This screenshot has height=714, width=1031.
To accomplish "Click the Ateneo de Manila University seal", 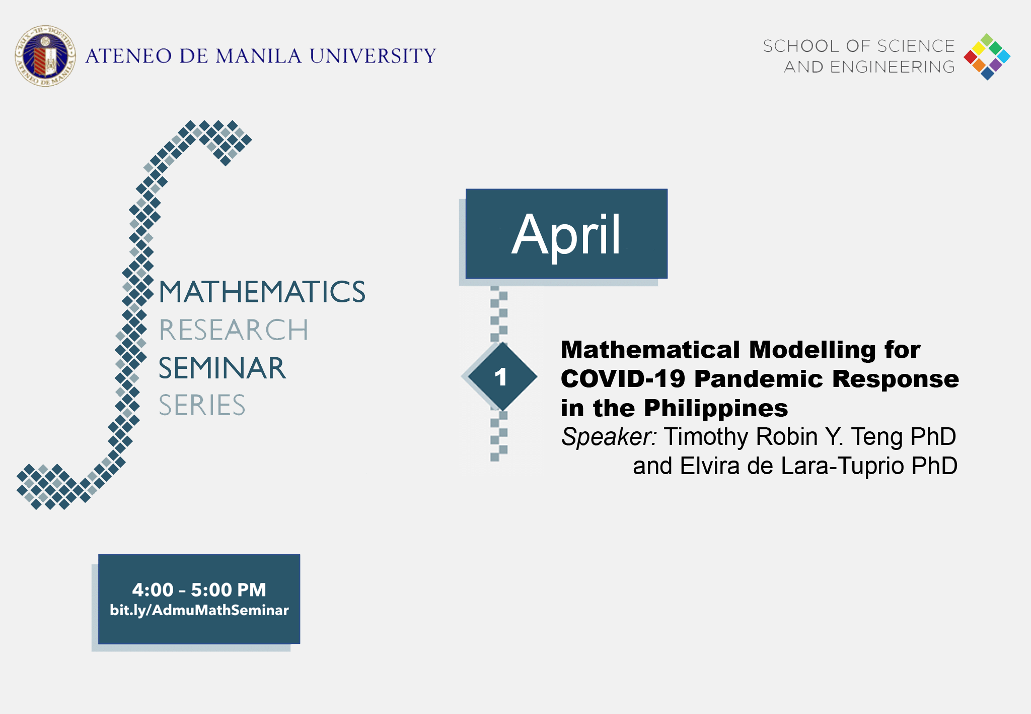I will coord(45,56).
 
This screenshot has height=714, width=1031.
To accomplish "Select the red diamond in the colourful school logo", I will coord(970,56).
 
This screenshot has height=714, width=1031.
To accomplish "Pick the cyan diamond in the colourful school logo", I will coord(1004,56).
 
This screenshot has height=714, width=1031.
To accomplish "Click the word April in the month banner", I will coord(566,234).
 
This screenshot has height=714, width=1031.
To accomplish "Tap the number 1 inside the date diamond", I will coord(500,377).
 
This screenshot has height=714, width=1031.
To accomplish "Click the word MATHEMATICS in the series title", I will coord(262,292).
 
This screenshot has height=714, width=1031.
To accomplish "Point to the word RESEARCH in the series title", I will coord(233,330).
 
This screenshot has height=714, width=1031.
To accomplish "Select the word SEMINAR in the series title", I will coord(222,368).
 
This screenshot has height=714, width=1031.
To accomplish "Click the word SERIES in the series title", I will coord(202,405).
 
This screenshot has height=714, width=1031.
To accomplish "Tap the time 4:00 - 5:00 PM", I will coord(199,590).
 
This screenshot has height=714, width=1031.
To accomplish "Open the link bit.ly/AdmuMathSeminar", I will coord(199,610).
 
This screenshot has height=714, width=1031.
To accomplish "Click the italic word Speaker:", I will coord(609,437).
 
